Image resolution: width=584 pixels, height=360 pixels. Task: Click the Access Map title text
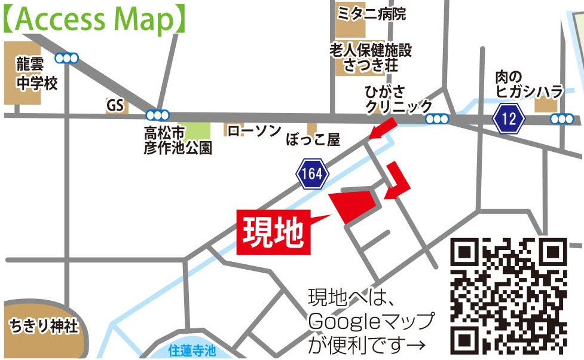pyautogui.click(x=96, y=19)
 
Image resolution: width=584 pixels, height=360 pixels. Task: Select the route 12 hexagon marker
pyautogui.click(x=509, y=118)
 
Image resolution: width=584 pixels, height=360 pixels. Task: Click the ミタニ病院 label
pyautogui.click(x=371, y=14)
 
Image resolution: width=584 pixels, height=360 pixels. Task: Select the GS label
pyautogui.click(x=114, y=106)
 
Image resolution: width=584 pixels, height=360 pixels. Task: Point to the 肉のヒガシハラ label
pyautogui.click(x=529, y=84)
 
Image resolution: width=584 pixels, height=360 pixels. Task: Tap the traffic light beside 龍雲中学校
pyautogui.click(x=66, y=58)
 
